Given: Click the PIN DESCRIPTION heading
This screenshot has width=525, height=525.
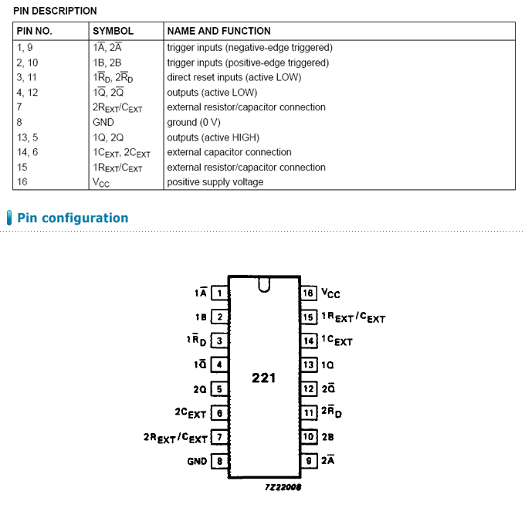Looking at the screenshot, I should click(x=56, y=11).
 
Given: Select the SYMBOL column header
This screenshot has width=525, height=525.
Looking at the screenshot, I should click(x=113, y=31).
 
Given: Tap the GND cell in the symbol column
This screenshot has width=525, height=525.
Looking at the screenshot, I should click(x=103, y=122).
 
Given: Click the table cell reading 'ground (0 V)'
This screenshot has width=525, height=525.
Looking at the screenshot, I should click(x=195, y=122).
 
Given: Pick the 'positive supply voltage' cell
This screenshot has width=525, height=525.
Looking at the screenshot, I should click(x=215, y=182).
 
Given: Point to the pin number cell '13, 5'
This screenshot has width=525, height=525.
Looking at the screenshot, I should click(x=27, y=137).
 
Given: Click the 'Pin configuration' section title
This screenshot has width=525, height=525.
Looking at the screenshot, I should click(x=73, y=218).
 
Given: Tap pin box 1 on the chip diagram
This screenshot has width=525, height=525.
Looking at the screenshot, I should click(x=219, y=293).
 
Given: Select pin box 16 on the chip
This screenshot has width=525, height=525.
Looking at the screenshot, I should click(x=309, y=293).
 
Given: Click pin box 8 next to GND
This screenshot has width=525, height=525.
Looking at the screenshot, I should click(x=219, y=461).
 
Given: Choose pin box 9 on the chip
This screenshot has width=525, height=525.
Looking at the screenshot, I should click(x=309, y=461).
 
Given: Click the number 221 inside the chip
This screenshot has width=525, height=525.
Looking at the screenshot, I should click(x=263, y=378).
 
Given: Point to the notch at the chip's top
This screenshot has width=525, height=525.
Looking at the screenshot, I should click(x=264, y=286).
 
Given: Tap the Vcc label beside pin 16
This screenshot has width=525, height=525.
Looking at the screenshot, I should click(x=330, y=293).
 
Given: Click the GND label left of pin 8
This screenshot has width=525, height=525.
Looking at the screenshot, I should click(x=197, y=461).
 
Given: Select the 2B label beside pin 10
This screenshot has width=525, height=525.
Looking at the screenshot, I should click(x=327, y=437).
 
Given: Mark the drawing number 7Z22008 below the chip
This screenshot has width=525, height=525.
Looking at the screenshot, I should click(x=282, y=487).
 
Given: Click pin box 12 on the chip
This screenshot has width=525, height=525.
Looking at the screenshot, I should click(x=309, y=389).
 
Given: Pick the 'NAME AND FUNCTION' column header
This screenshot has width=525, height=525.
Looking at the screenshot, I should click(x=218, y=31).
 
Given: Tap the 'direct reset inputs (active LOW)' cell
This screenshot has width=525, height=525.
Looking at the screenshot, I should click(x=234, y=77).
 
